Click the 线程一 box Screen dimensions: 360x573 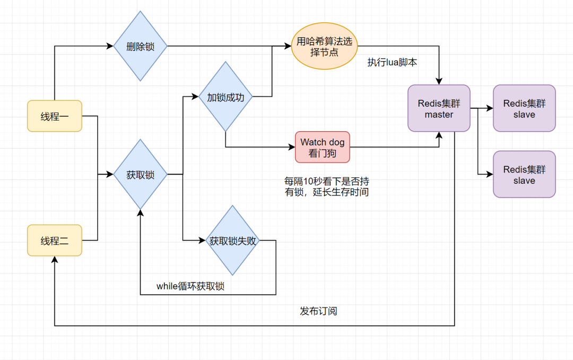pos(55,116)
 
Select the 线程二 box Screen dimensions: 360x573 pos(55,241)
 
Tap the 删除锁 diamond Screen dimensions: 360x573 pos(140,46)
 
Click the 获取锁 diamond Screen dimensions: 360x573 pos(140,174)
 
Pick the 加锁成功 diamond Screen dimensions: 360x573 pos(225,97)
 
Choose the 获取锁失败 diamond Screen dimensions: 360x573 pos(232,241)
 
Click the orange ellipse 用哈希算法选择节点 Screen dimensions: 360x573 pos(325,47)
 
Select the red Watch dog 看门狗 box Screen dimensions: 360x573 pos(323,147)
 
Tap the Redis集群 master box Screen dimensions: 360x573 pos(439,108)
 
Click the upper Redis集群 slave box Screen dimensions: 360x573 pos(524,108)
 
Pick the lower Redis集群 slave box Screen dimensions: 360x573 pos(524,174)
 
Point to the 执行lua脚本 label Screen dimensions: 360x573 pos(392,62)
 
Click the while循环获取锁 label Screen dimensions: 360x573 pos(190,286)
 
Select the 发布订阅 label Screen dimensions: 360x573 pos(318,311)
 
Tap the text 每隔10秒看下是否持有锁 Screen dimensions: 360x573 pos(327,186)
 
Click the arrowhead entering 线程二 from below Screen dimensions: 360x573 pos(55,260)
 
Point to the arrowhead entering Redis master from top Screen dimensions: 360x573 pos(439,81)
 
